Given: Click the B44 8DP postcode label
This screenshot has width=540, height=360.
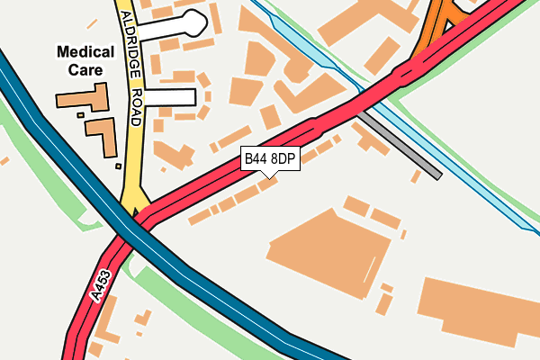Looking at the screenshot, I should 270,159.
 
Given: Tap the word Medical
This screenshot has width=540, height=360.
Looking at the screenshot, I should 91,52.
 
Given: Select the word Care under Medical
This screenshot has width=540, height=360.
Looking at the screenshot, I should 91,69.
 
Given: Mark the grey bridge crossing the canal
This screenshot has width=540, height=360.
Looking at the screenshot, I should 400,145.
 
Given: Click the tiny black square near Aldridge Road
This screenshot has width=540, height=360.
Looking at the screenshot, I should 118,166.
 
